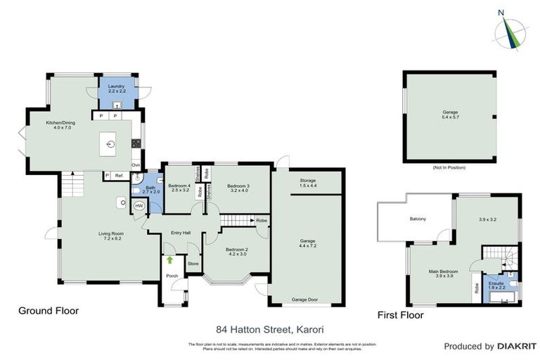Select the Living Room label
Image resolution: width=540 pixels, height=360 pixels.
pos(111,235)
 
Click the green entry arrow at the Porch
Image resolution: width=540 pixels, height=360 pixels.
pos(169,260)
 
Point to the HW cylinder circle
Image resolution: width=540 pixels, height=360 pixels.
pos(139,206)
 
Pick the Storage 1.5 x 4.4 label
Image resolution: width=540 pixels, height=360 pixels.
pos(307,182)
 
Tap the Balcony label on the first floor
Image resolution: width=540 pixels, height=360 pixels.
pos(418,219)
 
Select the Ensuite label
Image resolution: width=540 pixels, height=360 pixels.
pos(498,285)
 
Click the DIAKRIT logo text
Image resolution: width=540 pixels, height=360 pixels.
pos(517,347)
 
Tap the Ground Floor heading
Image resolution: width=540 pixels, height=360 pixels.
pos(49,310)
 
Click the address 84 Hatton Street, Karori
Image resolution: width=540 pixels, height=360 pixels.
pos(269,328)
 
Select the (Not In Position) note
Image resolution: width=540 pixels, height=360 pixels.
pos(449,167)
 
